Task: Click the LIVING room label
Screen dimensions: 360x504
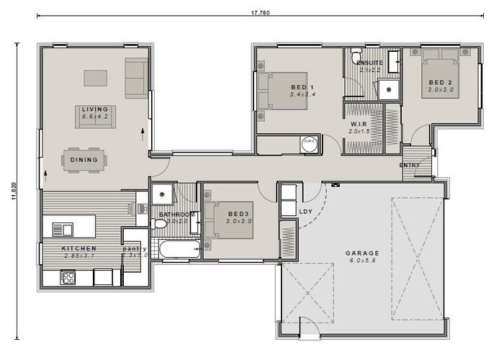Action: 94,109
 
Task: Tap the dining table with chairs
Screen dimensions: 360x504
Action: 84,161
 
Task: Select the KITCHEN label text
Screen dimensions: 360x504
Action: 79,248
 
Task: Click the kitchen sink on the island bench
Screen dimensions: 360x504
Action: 62,230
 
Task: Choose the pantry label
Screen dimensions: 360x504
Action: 135,248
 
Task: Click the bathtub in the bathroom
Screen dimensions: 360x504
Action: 177,251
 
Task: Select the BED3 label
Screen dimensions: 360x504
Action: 238,215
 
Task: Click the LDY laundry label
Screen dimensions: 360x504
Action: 305,211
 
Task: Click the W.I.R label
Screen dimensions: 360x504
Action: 359,123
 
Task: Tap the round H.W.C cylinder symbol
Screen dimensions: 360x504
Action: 310,143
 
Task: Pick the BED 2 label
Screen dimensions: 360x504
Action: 439,82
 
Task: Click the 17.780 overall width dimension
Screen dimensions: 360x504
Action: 261,12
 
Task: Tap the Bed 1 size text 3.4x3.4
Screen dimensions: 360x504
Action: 302,94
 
